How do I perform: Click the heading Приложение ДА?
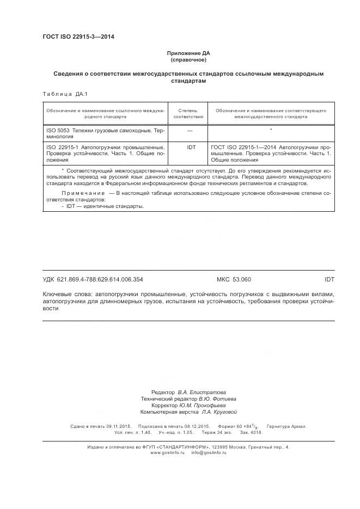(188, 53)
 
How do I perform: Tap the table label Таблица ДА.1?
(60, 94)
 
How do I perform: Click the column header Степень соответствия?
(188, 113)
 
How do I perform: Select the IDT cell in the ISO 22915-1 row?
(191, 148)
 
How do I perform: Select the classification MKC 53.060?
(234, 279)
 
